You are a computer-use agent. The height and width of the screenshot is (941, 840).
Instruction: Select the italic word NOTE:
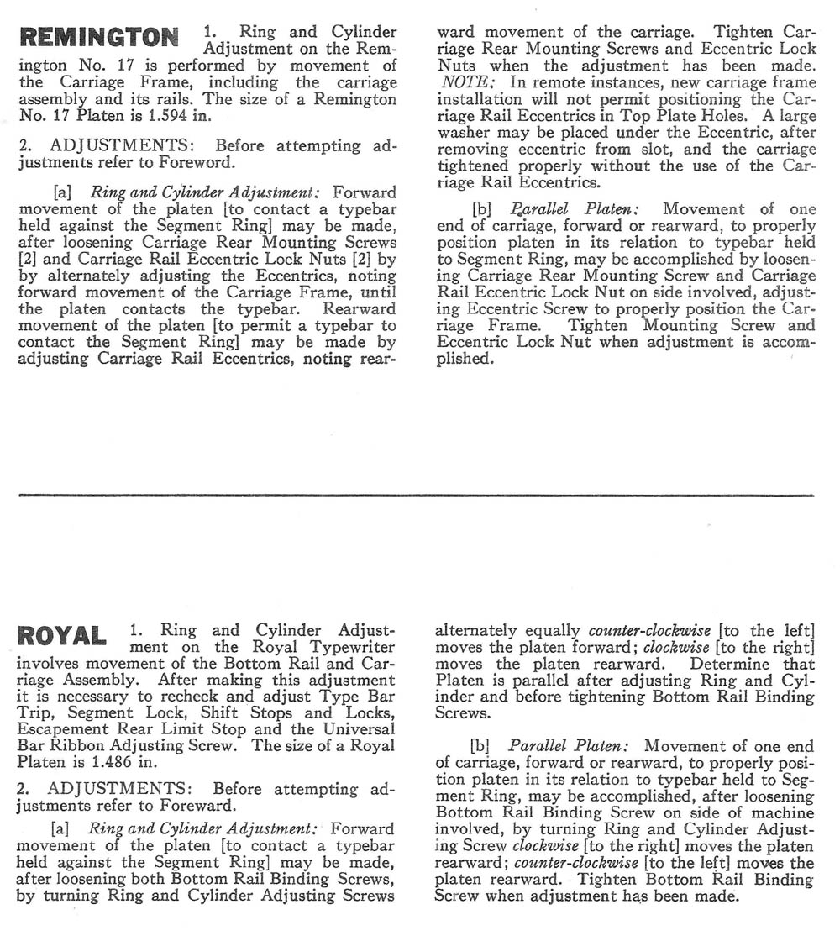tap(460, 82)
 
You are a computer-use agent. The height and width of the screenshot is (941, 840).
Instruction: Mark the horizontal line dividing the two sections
tap(416, 494)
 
